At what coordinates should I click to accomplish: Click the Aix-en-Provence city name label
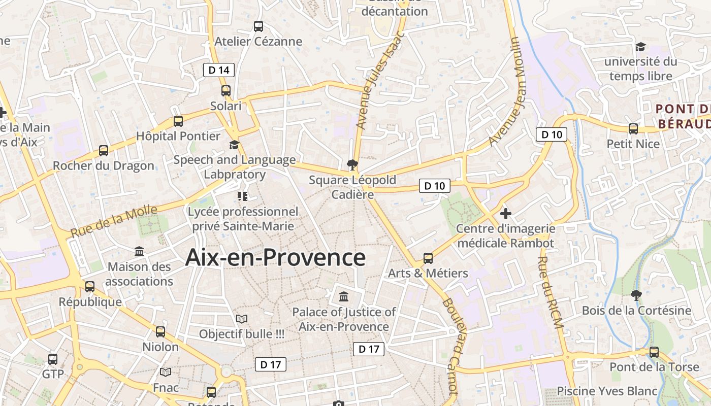tap(275, 257)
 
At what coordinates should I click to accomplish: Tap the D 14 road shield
tap(219, 70)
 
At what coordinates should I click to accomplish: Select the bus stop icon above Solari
tap(226, 91)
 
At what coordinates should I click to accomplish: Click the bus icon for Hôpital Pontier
tap(178, 121)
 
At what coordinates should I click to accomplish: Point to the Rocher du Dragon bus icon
tap(104, 151)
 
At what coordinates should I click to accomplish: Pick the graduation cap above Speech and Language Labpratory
tap(234, 145)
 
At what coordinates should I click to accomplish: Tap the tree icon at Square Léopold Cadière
tap(351, 164)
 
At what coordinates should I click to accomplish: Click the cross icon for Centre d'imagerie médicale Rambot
tap(505, 213)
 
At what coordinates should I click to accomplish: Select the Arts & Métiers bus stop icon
tap(428, 258)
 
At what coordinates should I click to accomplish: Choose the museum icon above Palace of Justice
tap(344, 296)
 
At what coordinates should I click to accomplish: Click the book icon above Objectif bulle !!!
tap(242, 319)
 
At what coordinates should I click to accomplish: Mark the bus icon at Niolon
tap(160, 332)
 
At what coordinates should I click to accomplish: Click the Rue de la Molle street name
tap(114, 221)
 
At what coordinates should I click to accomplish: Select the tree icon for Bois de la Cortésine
tap(636, 295)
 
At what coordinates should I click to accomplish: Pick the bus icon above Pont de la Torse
tap(654, 352)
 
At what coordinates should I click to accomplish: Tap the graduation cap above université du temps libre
tap(640, 47)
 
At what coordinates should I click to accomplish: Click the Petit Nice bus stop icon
tap(633, 129)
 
